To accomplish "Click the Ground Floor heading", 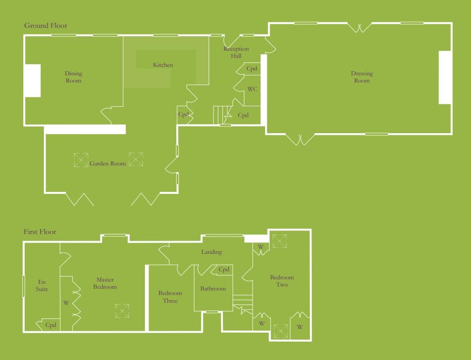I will [46, 26].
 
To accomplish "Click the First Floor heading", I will [40, 232].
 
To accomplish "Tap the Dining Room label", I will [74, 77].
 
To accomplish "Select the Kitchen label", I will [163, 65].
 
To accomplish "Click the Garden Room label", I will [107, 164].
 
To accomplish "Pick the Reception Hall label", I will [236, 52].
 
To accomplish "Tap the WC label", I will [252, 89].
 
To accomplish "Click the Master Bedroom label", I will [105, 283].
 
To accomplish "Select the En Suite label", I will [42, 286].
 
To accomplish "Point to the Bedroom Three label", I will [170, 297].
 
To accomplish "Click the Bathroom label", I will [213, 289].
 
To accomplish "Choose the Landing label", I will [211, 252].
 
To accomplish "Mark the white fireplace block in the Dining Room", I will [33, 81].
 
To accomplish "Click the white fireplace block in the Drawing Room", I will [445, 78].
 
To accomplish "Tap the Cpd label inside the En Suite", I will [51, 325].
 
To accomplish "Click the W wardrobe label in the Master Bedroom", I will [66, 304].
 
